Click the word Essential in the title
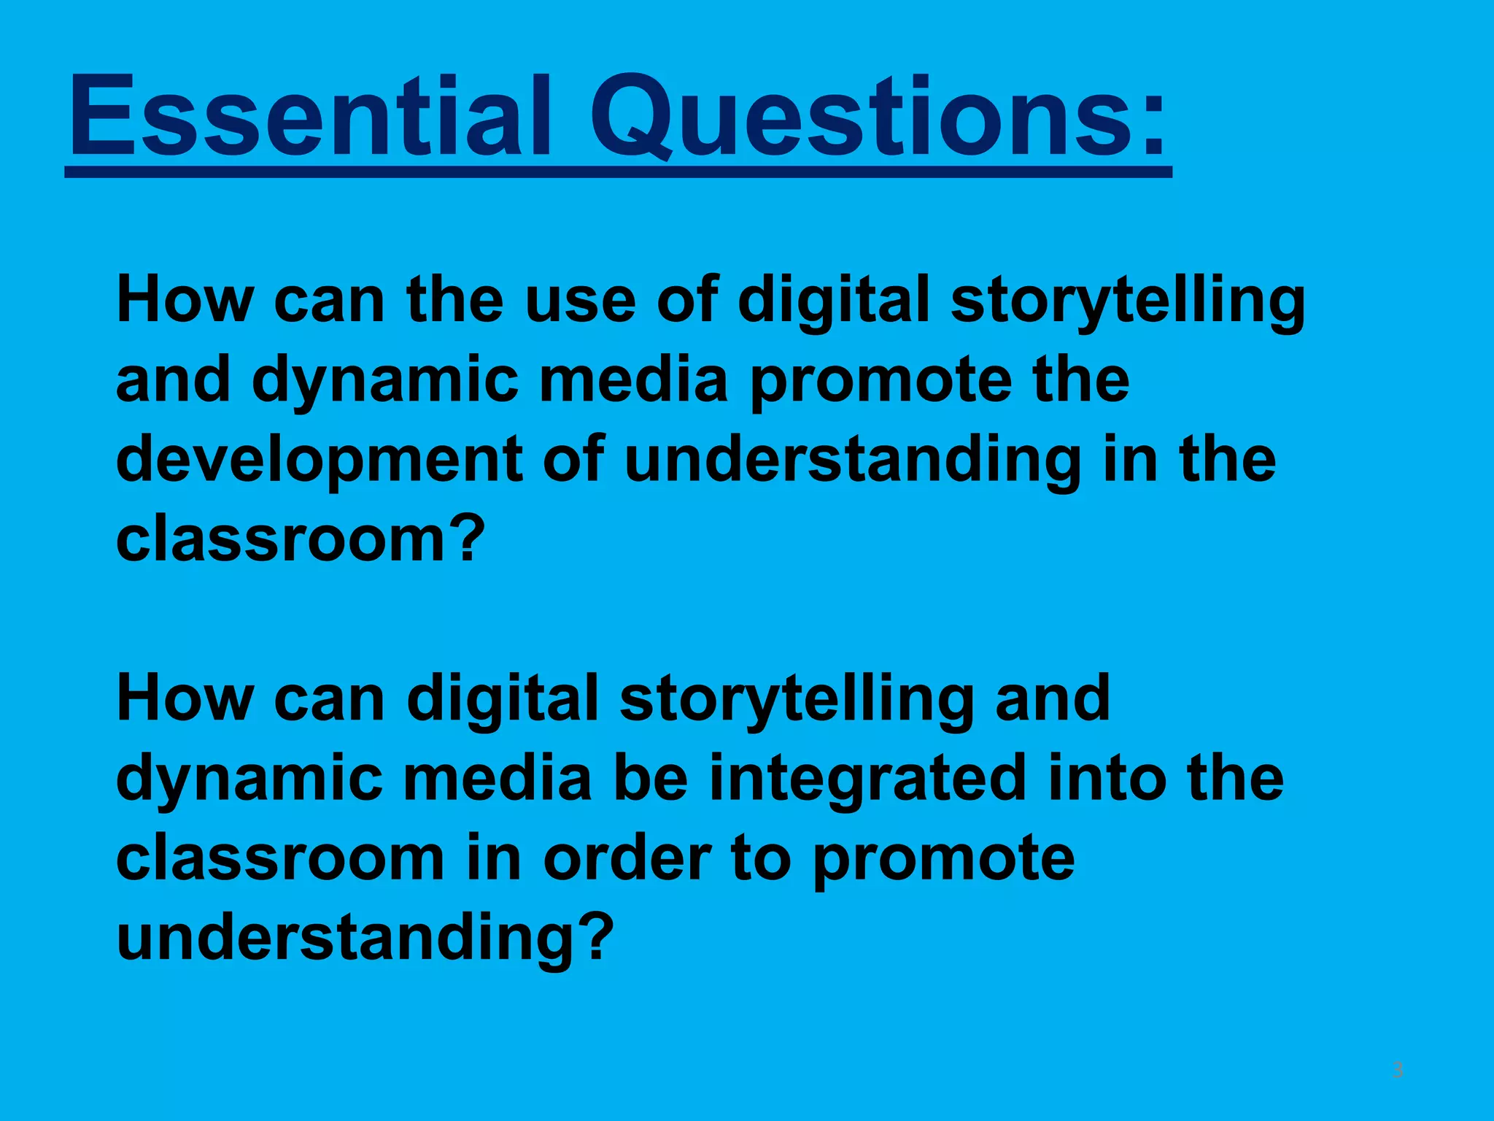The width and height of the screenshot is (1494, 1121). point(309,117)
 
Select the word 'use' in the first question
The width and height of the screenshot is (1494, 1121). point(580,301)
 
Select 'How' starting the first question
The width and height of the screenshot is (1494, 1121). point(184,301)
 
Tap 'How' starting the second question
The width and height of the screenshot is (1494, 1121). point(184,699)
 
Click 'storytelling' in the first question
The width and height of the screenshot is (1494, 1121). point(1128,301)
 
